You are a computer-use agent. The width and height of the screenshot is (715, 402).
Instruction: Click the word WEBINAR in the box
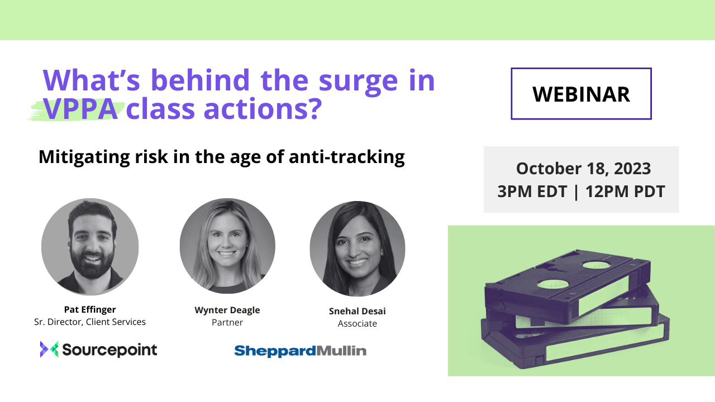(581, 94)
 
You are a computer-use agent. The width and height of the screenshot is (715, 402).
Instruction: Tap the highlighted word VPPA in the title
(80, 109)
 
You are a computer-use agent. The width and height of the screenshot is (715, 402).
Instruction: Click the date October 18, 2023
(583, 169)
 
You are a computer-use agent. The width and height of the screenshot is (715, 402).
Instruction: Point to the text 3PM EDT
(532, 192)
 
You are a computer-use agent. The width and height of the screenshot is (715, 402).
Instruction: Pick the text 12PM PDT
(625, 192)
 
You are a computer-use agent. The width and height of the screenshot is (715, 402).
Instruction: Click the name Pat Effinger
(90, 309)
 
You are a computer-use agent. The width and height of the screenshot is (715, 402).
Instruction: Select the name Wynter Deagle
(227, 310)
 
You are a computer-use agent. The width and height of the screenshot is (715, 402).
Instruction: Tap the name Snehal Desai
(357, 311)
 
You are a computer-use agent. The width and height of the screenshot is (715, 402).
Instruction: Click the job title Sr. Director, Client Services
(90, 322)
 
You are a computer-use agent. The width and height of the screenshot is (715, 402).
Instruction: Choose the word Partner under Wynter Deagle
(227, 323)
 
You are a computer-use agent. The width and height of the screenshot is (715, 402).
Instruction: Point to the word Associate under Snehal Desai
(357, 323)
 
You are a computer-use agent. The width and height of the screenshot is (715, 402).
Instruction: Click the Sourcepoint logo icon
(49, 349)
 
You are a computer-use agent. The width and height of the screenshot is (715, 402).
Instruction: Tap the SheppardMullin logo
(301, 351)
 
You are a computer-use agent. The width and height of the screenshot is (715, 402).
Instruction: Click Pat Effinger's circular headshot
(90, 247)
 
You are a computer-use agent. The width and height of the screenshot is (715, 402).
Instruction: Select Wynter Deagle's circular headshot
(227, 246)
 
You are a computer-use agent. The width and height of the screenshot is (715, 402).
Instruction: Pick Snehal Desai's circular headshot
(357, 248)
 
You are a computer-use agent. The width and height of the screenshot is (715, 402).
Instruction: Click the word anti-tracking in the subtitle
(347, 157)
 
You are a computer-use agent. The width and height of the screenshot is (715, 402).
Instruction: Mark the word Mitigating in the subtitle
(84, 157)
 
